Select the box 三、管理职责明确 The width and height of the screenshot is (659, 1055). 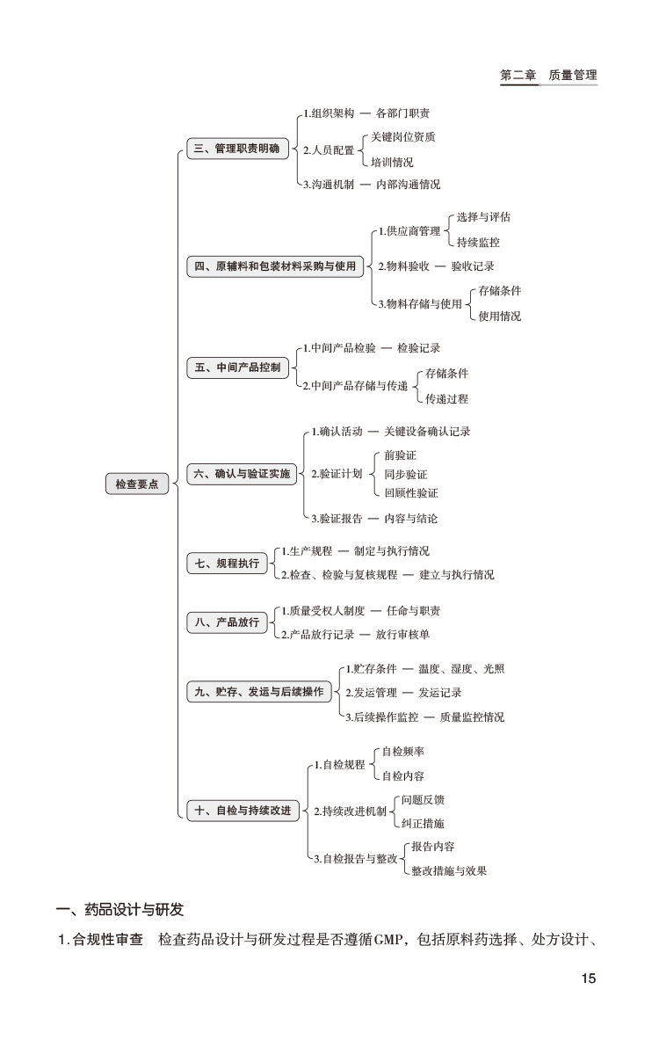(x=236, y=149)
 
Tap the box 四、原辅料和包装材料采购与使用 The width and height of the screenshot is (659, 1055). (x=274, y=266)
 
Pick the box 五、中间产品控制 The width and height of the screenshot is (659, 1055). (x=237, y=367)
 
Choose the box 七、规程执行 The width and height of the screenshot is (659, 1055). (x=227, y=563)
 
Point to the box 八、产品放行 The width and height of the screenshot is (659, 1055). (x=227, y=622)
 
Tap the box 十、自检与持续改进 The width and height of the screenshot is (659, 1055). (x=242, y=810)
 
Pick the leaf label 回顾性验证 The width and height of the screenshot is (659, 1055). (x=411, y=493)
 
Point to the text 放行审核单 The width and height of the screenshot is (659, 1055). (x=402, y=634)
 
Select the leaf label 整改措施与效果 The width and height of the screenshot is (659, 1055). (x=449, y=870)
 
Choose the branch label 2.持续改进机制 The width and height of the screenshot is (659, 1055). (x=350, y=811)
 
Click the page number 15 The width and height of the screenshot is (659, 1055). (x=588, y=979)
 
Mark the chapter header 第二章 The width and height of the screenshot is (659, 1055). (x=518, y=76)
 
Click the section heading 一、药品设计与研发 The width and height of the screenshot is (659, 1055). (x=119, y=908)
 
